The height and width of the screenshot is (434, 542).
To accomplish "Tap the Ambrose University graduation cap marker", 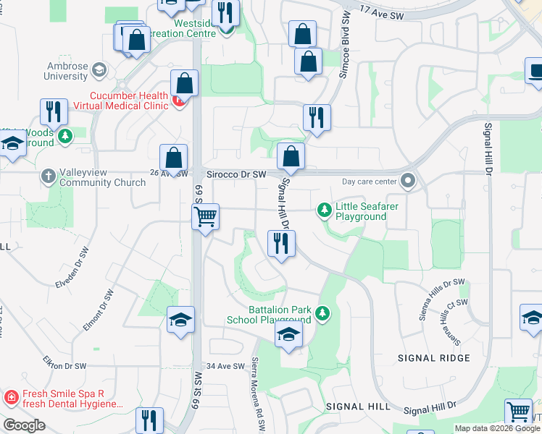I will pos(99,71).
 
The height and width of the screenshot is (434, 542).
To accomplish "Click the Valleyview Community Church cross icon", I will pos(48,176).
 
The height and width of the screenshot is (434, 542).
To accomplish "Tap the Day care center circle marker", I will pos(409,180).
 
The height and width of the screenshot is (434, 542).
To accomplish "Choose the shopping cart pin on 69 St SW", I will pos(206,216).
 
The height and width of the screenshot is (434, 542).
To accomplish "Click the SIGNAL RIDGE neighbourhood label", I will pos(434,358).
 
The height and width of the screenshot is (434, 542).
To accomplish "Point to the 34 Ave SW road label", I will pos(226,367).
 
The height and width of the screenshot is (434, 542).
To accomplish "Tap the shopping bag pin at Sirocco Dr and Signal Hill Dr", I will pos(291,156).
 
